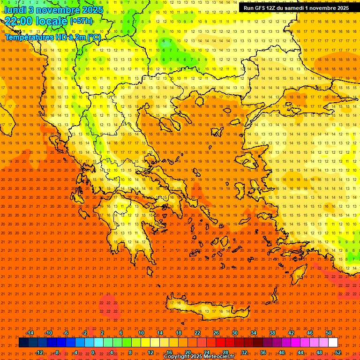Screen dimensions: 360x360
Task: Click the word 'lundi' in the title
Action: coord(15,10)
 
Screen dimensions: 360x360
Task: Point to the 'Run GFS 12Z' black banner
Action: coord(296,8)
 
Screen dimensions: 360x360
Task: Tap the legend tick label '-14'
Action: coord(30,333)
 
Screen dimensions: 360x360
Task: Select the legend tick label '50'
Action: coord(328,333)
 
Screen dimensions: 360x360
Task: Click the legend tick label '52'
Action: coord(337,352)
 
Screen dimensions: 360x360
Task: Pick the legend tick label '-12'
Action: coord(39,352)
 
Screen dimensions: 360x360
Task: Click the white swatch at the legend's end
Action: coord(333,343)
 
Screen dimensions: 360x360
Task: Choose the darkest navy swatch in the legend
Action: coord(23,343)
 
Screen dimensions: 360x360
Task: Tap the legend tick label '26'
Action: coord(216,333)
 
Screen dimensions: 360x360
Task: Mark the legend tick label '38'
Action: coord(272,333)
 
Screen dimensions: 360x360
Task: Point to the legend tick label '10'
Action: coord(141,333)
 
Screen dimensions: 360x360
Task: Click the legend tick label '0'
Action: coord(93,352)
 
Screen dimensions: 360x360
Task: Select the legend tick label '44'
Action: coord(300,352)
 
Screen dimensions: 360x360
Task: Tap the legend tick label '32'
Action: coord(244,352)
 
